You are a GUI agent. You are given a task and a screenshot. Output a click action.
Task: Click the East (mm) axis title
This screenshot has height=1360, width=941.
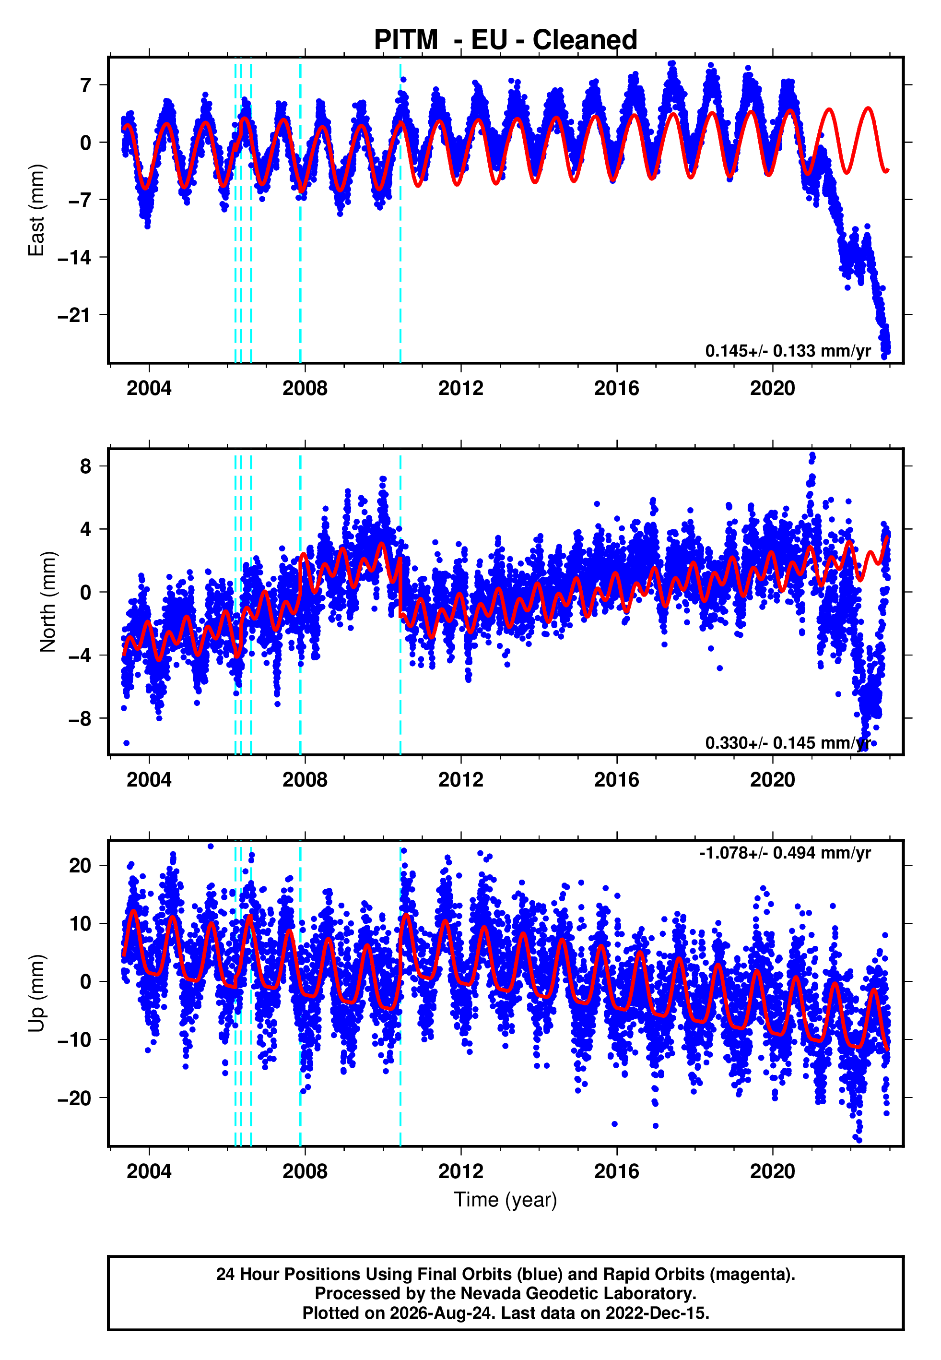(x=36, y=210)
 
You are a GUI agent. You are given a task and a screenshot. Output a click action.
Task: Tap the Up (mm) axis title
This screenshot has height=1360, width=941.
(x=36, y=993)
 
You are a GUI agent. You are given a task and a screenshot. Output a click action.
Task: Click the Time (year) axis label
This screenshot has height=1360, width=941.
(x=506, y=1200)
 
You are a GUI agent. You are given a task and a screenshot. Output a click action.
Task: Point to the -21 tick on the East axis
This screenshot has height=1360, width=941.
(x=74, y=315)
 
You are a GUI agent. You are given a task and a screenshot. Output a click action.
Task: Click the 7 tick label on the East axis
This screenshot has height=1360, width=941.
(x=86, y=85)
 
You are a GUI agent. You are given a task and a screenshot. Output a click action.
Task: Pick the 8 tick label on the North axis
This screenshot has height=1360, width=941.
(x=86, y=466)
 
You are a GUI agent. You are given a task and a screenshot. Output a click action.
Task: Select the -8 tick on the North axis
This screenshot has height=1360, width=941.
(x=80, y=719)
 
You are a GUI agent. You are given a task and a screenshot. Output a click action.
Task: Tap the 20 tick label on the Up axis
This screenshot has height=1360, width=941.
(x=80, y=866)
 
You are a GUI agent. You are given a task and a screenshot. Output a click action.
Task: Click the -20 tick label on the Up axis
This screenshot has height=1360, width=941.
(x=74, y=1098)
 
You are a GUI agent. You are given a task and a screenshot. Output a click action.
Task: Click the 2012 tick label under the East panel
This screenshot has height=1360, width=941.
(x=460, y=388)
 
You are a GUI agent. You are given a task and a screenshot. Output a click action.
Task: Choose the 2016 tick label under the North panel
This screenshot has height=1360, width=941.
(x=617, y=780)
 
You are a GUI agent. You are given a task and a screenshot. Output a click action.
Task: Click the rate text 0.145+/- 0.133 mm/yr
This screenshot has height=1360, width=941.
(x=788, y=351)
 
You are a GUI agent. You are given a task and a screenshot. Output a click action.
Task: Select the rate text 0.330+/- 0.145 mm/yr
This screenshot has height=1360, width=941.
(x=788, y=742)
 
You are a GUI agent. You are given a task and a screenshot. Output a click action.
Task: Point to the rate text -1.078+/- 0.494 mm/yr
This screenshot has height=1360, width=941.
(x=785, y=853)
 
